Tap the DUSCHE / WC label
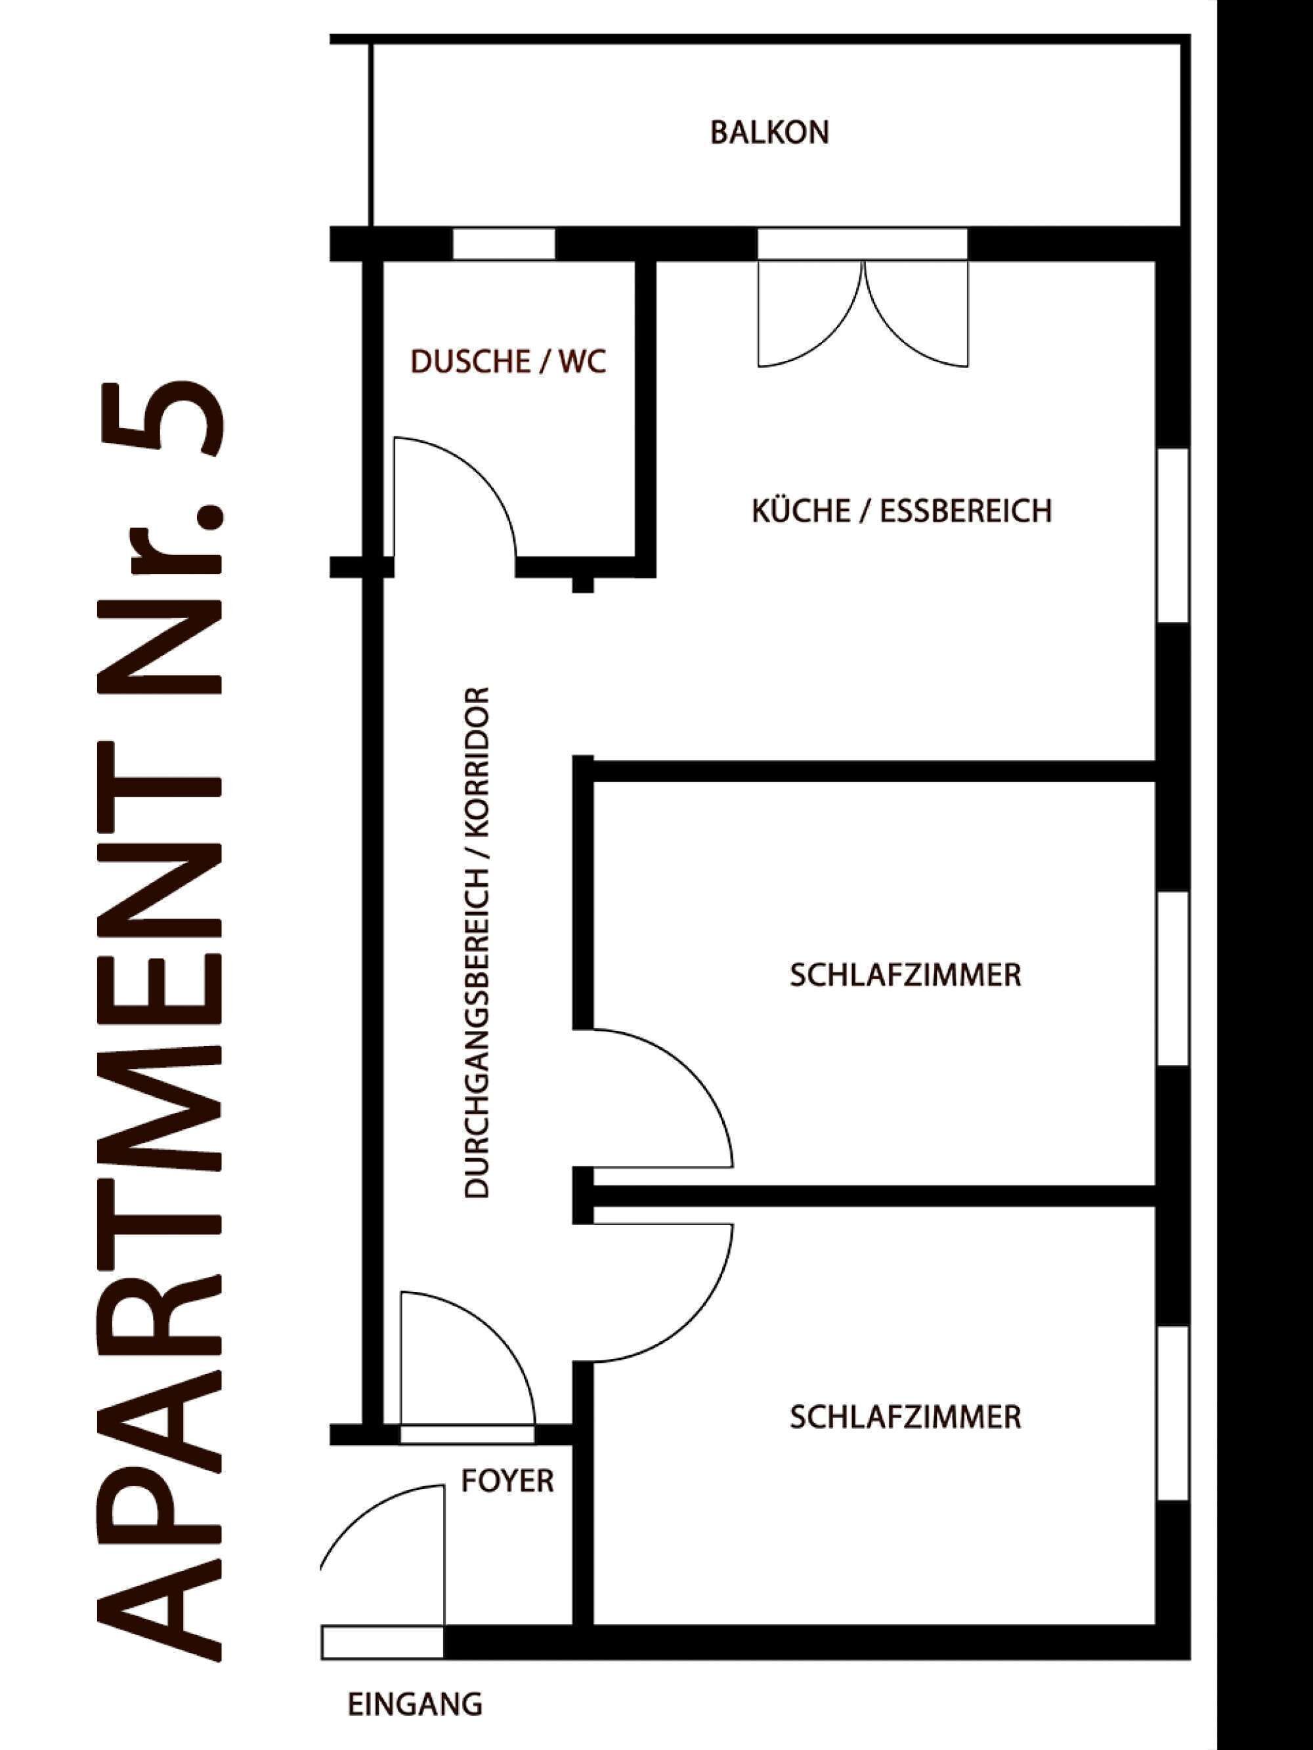point(508,362)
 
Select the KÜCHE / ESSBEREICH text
point(901,511)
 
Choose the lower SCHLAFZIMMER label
point(905,1417)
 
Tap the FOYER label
point(507,1480)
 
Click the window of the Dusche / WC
point(504,243)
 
